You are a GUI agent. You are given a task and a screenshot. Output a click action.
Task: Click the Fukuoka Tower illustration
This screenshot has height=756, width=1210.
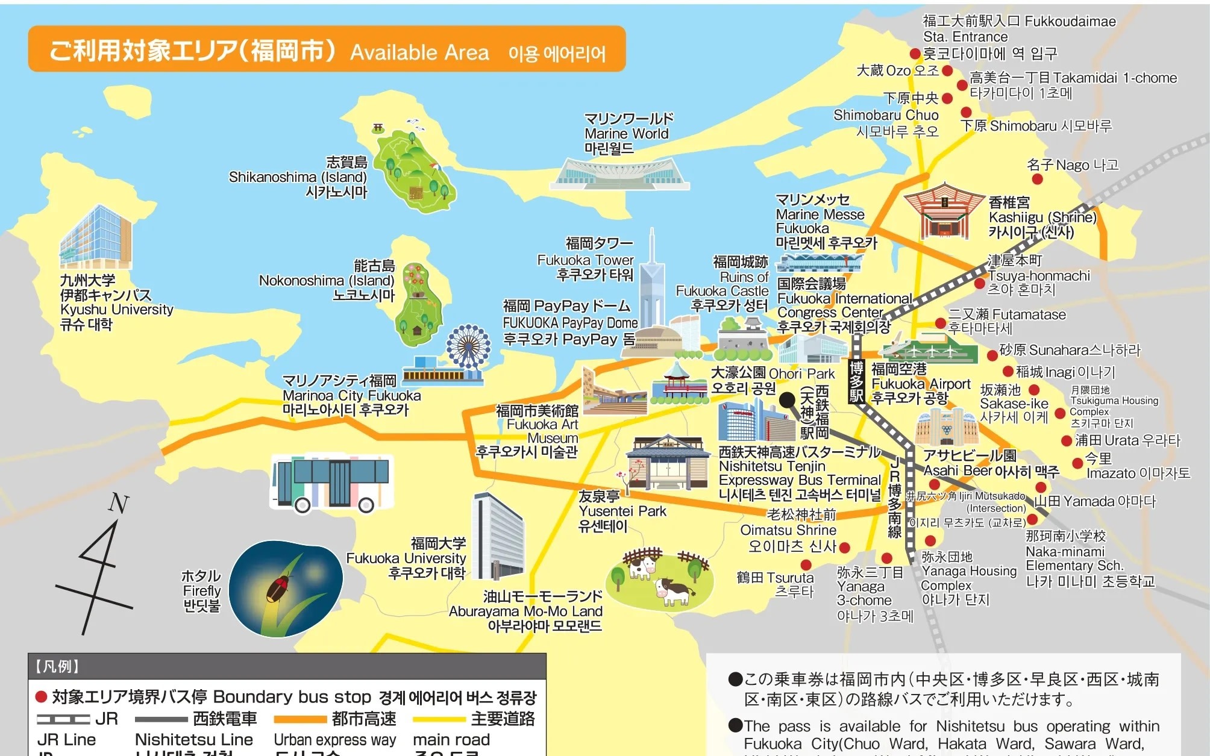651,283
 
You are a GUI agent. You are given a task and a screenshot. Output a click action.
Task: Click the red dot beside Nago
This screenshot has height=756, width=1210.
1037,179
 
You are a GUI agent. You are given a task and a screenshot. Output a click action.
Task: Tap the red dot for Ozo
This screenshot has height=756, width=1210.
947,71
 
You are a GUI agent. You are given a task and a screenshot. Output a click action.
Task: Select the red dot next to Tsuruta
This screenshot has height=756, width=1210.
806,565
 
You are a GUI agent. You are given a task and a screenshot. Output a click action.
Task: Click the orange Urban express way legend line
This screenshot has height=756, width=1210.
299,719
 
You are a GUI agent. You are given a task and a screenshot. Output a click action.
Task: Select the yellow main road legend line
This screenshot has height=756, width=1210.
439,719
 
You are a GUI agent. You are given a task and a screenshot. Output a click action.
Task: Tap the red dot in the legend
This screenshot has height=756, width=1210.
42,697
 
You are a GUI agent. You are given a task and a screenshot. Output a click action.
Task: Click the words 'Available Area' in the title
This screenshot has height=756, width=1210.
419,53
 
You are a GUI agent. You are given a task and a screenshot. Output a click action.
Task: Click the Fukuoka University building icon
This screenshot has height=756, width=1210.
498,536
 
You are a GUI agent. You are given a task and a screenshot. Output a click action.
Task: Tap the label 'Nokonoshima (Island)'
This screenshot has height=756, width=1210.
327,281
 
